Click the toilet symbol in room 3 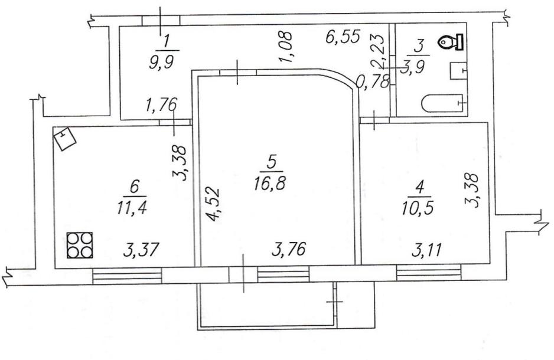tap(451, 42)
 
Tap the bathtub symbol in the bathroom tap(442, 104)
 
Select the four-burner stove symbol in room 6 tap(80, 245)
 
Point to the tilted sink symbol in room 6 tap(64, 139)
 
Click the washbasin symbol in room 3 tap(458, 71)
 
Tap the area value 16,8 tap(269, 184)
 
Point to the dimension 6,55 tap(343, 37)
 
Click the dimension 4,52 tap(214, 205)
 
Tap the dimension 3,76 tap(289, 250)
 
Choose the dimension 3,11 tap(427, 250)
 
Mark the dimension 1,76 tap(161, 104)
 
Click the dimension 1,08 tap(285, 47)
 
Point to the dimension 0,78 tap(373, 81)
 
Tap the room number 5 tap(271, 162)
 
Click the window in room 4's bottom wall tap(429, 273)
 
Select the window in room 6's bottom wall tap(127, 276)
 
